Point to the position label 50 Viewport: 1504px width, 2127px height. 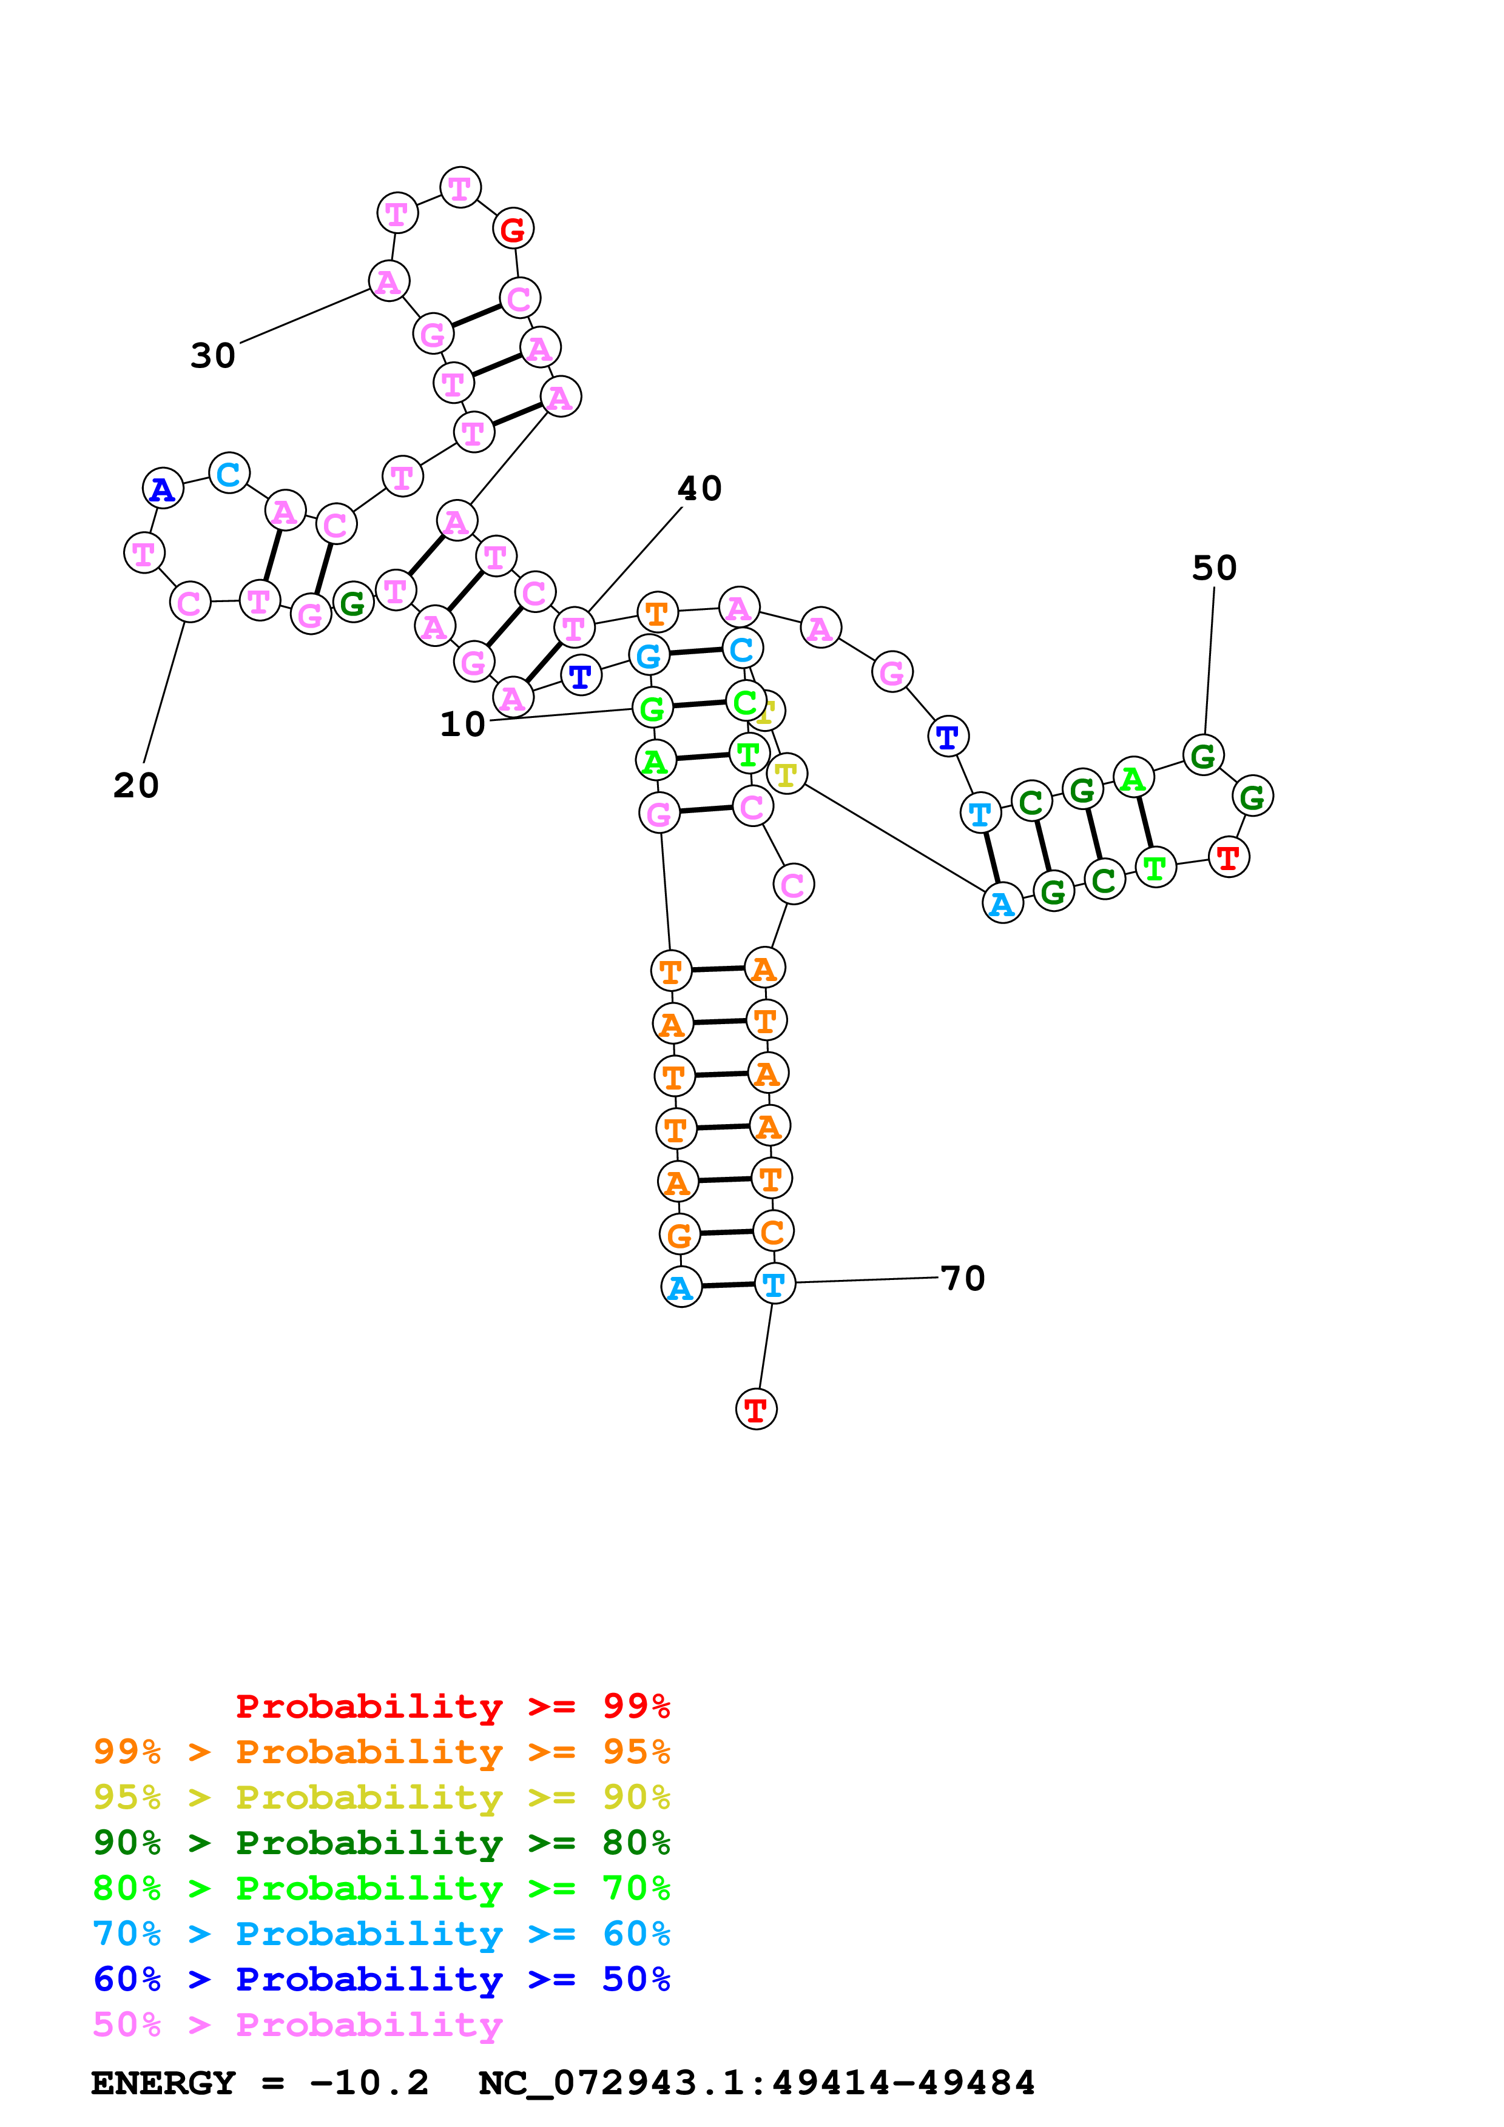tap(1214, 568)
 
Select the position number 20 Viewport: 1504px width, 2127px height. tap(137, 786)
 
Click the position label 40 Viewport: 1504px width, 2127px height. tap(700, 488)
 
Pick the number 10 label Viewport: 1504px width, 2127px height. tap(462, 725)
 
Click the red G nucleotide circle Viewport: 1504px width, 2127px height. tap(513, 229)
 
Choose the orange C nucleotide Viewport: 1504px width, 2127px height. tap(772, 1231)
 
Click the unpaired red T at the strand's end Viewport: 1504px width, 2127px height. tap(756, 1409)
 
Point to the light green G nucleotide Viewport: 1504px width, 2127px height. tap(652, 709)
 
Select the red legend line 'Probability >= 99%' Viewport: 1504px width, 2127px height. tap(452, 1706)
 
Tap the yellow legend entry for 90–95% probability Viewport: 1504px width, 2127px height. tap(381, 1797)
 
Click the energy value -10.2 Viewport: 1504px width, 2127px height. tap(369, 2083)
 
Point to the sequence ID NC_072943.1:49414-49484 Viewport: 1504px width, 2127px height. tap(756, 2083)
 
